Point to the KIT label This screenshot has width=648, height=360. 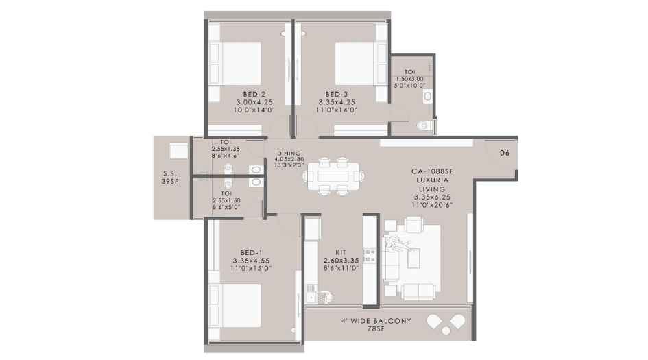tap(341, 252)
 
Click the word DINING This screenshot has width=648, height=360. tap(289, 154)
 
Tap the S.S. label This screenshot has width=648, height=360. tap(171, 173)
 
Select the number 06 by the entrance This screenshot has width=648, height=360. tap(504, 153)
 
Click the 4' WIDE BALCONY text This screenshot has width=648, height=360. tap(375, 320)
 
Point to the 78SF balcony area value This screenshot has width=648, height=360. tap(375, 329)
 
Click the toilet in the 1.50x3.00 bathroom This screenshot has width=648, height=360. tap(424, 125)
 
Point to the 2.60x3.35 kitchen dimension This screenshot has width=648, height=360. tap(341, 261)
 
